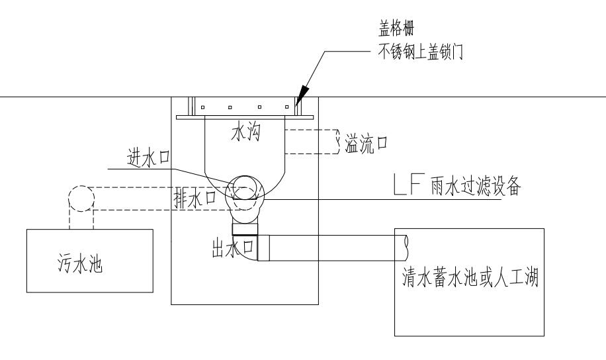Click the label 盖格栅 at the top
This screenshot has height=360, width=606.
[396, 28]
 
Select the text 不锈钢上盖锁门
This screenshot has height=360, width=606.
[420, 52]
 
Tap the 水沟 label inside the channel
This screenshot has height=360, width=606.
[246, 132]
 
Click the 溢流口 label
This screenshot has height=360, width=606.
[366, 144]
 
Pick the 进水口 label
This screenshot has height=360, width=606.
[148, 158]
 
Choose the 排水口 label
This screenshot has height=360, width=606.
[195, 199]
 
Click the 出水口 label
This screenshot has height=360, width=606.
[232, 248]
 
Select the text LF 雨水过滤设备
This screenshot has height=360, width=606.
[457, 185]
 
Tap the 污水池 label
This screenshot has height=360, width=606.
[81, 264]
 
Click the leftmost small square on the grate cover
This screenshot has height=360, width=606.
[202, 107]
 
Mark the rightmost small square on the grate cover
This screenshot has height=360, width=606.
[286, 107]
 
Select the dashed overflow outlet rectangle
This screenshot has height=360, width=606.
[312, 142]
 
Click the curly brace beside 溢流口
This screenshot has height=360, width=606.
[337, 142]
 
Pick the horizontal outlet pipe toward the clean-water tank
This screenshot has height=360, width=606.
[333, 248]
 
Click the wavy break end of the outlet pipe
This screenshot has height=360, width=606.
[406, 248]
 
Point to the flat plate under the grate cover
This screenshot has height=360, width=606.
[245, 117]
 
